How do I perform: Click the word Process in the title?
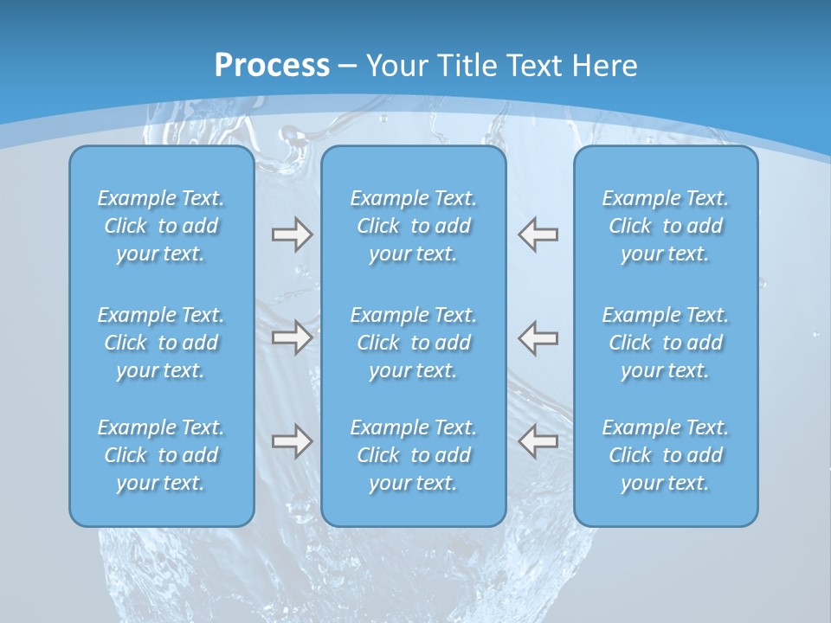click(272, 66)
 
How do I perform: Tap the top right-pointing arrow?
click(292, 234)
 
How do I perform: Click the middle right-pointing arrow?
click(292, 337)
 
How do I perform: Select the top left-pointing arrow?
click(538, 234)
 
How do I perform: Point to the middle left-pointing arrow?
click(538, 337)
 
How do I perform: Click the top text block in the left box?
click(161, 226)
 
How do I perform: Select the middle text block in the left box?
click(161, 343)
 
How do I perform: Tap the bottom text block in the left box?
click(161, 455)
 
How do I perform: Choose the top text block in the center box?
click(413, 226)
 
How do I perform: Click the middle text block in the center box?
click(413, 343)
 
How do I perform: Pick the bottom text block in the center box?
click(413, 455)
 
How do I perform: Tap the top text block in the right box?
click(665, 226)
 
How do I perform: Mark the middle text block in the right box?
click(665, 343)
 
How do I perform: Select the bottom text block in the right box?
click(665, 455)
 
